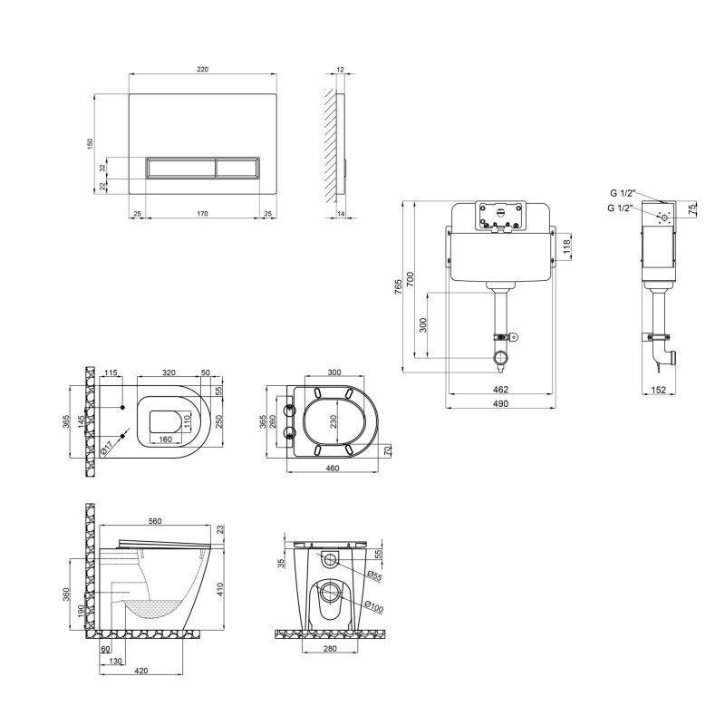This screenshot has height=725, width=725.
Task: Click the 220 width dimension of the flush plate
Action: click(202, 70)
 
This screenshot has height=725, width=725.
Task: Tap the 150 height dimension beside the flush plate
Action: click(90, 143)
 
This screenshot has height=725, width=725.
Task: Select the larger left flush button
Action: click(180, 168)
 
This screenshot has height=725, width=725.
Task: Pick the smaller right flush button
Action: click(237, 168)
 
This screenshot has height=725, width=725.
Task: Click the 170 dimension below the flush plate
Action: click(202, 214)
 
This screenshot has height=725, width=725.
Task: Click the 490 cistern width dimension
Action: click(500, 403)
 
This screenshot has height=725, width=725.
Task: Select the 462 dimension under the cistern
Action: click(500, 390)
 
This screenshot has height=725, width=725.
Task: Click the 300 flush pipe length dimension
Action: click(422, 325)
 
